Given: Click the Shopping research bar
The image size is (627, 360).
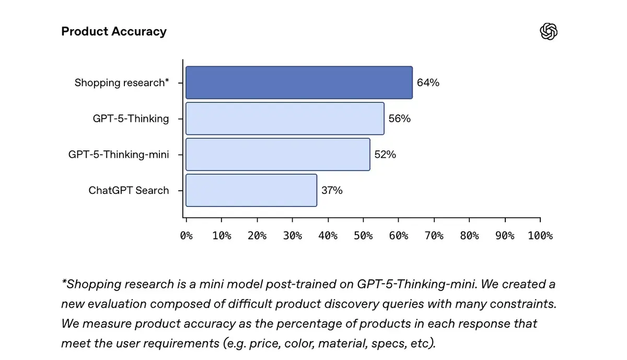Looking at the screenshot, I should (x=299, y=83).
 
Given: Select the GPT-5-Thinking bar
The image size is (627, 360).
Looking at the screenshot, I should (x=285, y=119).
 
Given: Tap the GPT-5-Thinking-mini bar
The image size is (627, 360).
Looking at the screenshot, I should (x=277, y=154).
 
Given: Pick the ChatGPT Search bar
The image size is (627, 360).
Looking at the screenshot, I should (x=251, y=190).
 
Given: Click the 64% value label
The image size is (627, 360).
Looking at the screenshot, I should (x=428, y=83).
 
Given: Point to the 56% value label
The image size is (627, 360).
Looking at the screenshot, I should (x=400, y=119).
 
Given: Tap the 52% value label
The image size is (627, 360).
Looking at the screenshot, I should (x=385, y=155).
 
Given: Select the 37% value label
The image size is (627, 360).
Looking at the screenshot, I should (x=332, y=190).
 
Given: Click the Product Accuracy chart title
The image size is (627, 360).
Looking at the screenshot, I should (x=114, y=31).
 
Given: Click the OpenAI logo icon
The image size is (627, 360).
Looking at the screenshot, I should (x=549, y=32).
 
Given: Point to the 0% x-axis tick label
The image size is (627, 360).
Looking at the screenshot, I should (x=187, y=236).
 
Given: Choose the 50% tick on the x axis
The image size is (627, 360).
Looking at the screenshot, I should (x=363, y=236).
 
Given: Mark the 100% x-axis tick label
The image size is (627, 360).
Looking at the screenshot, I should (x=540, y=236).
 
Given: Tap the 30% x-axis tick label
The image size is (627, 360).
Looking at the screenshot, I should (x=293, y=236).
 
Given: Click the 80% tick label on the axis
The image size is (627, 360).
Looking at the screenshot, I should (x=469, y=236).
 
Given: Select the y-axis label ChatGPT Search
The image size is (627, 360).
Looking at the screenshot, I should (x=129, y=190).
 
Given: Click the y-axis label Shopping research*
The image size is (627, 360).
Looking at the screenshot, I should (x=122, y=83).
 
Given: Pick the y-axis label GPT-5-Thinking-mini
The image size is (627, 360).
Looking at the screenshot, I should (x=119, y=155).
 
